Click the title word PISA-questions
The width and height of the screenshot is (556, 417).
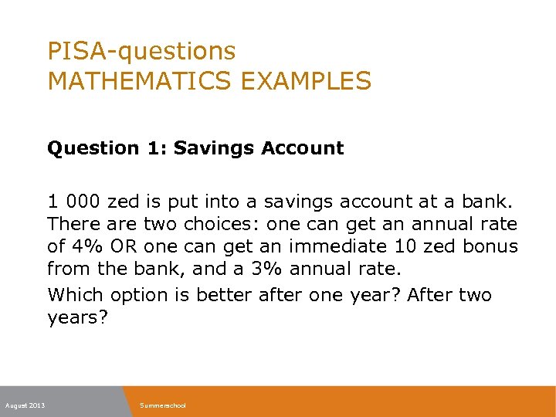[141, 52]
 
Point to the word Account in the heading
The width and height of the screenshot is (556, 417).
[303, 148]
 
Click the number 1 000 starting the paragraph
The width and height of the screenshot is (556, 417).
[74, 202]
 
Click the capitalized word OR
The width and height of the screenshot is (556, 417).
[126, 248]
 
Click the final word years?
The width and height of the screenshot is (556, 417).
[75, 318]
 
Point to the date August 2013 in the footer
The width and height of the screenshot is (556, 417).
[25, 405]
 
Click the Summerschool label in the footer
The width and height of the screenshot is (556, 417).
[163, 405]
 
